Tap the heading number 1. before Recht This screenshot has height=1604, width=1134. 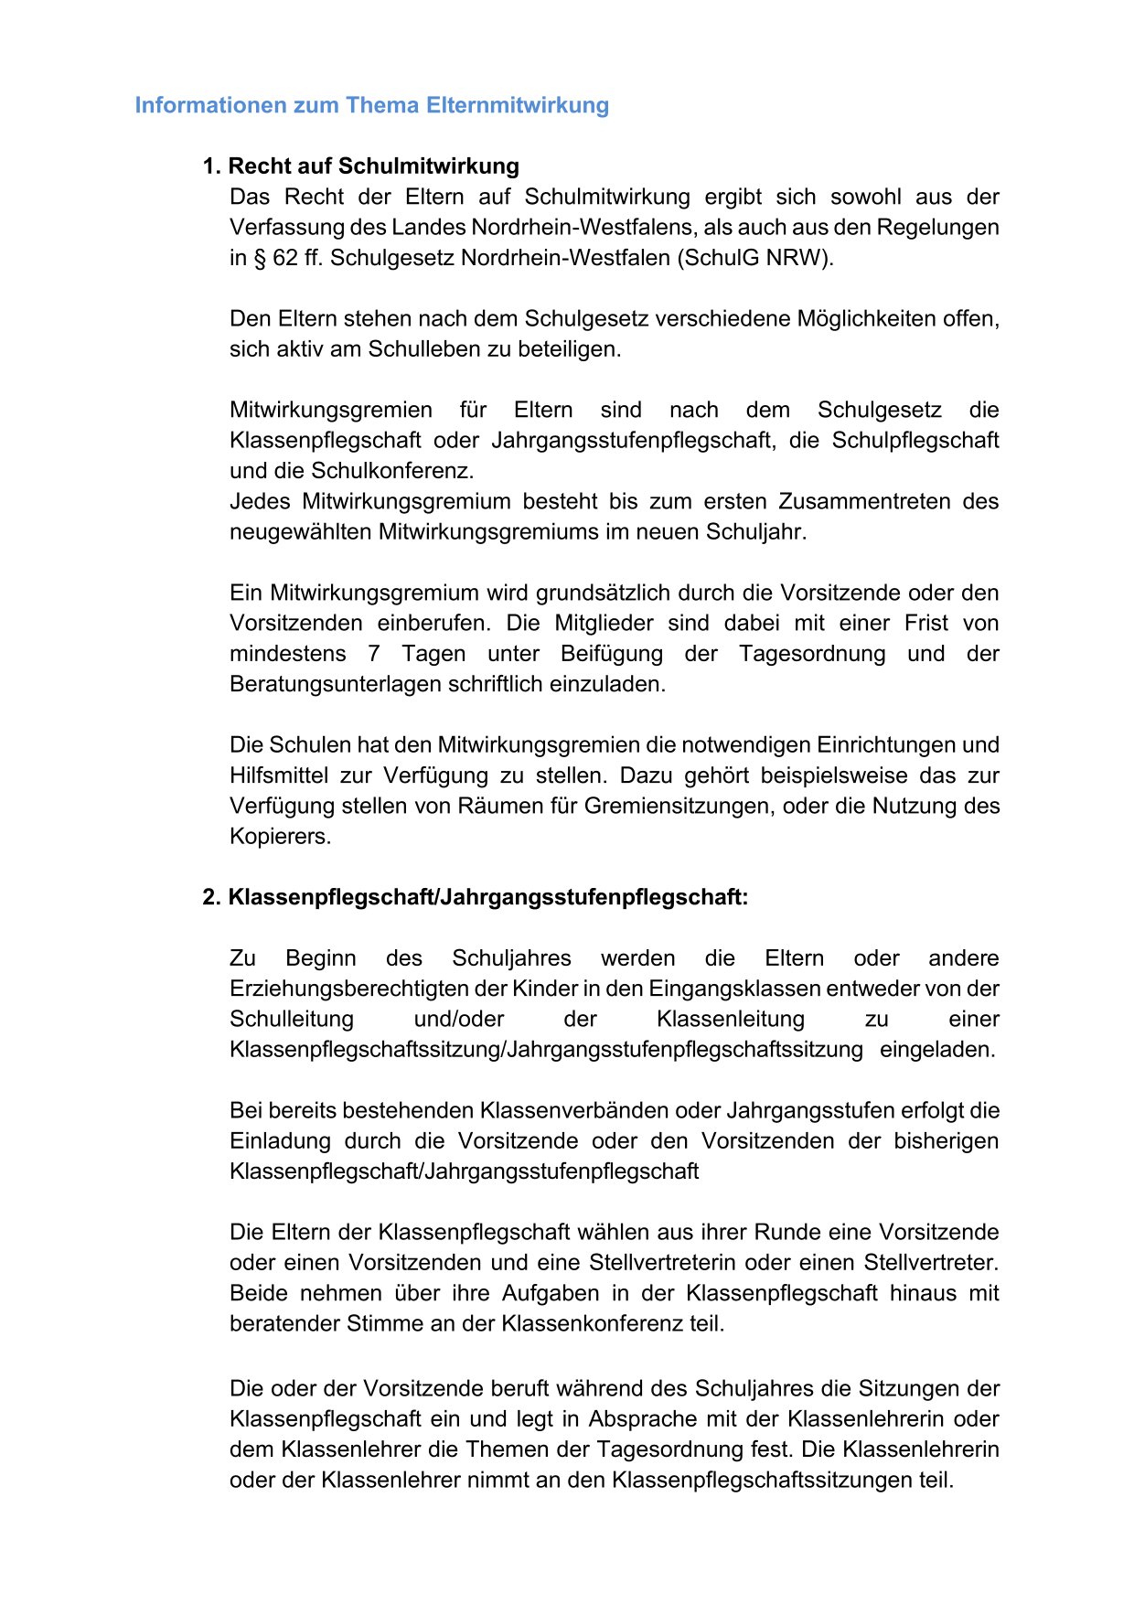[212, 166]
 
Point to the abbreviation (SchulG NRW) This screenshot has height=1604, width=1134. [755, 258]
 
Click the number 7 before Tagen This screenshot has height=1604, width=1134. [373, 654]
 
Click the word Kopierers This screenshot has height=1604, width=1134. [280, 837]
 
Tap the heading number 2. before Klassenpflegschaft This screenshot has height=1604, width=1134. [212, 898]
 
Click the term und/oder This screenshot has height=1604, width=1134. [459, 1020]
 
